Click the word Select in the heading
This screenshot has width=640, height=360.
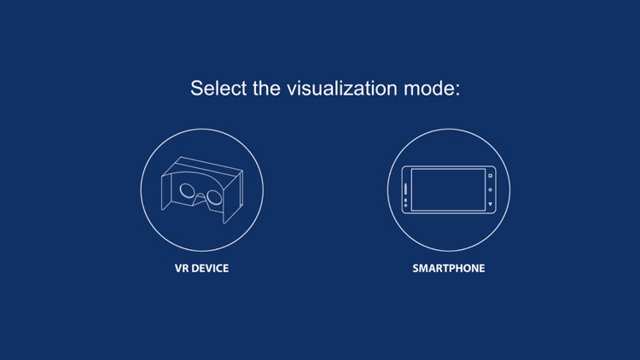218,88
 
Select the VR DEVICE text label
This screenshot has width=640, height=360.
201,268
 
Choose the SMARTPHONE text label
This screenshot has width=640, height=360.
448,268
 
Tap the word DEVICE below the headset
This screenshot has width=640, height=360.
211,268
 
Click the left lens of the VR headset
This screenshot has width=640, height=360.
189,191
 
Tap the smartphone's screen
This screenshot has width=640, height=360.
448,189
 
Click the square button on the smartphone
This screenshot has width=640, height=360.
491,176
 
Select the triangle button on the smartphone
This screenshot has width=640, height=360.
491,205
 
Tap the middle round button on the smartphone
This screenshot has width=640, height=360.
491,190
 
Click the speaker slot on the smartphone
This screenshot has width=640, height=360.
405,189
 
